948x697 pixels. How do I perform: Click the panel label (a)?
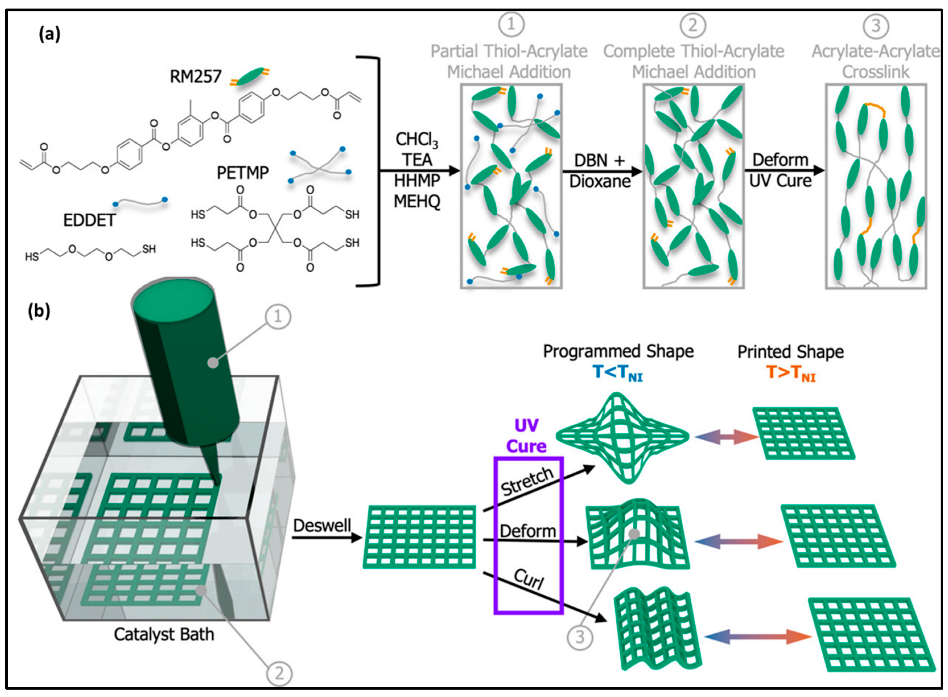click(49, 34)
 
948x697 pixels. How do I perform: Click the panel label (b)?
click(39, 311)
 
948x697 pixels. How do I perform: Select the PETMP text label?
click(243, 173)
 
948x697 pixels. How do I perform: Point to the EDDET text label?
click(89, 220)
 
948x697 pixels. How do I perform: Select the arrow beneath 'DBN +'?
click(602, 171)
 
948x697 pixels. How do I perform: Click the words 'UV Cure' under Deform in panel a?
click(780, 181)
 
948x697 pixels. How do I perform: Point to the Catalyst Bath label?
click(164, 634)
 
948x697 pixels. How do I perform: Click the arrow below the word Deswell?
click(327, 537)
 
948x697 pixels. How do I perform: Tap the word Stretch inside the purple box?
click(527, 482)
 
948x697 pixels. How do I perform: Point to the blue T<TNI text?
click(618, 373)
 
